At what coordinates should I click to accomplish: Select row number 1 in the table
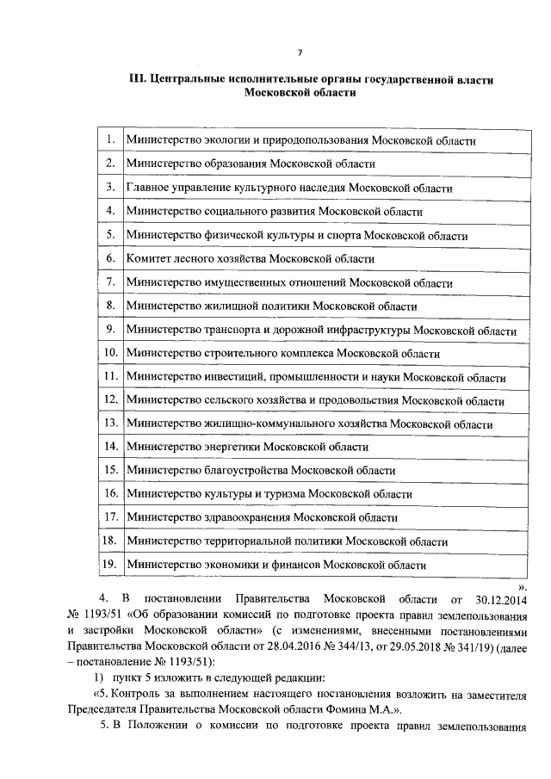[110, 139]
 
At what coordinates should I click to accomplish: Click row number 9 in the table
[110, 329]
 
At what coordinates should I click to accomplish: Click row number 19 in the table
[109, 565]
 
